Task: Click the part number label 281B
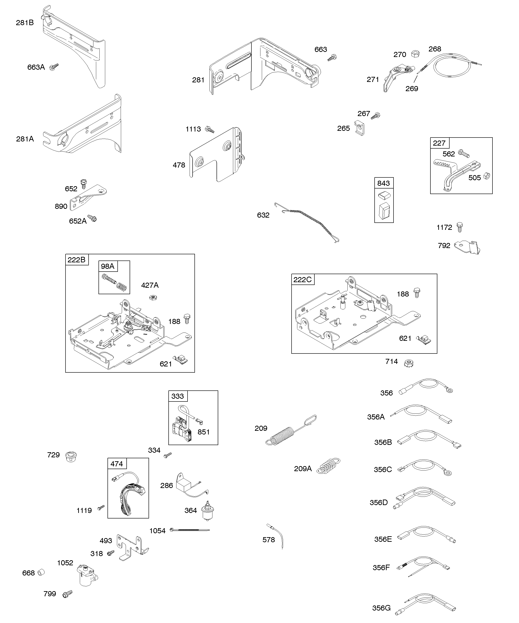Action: [25, 23]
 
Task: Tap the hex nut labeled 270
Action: [415, 54]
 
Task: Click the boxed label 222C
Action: [302, 279]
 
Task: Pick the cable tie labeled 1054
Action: [190, 530]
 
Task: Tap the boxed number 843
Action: [383, 183]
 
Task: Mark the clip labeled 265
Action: [360, 128]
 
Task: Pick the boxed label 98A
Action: [108, 266]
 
